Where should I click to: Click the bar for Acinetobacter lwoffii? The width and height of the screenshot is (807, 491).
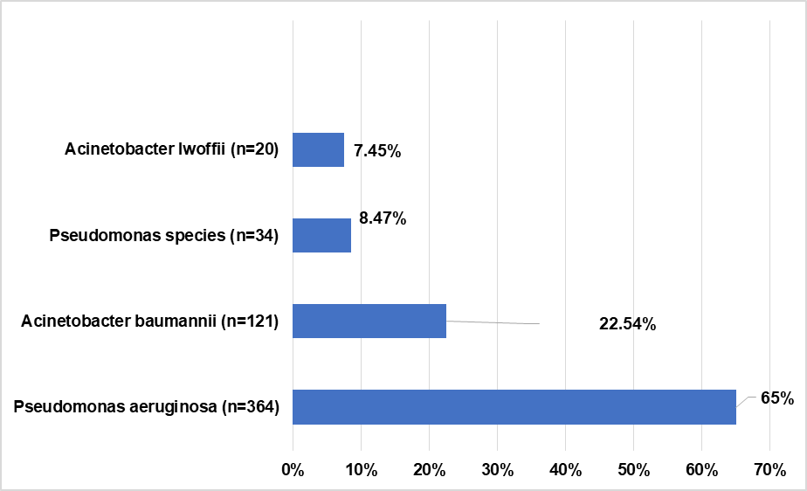click(x=318, y=149)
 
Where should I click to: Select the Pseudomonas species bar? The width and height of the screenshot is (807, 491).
click(x=321, y=235)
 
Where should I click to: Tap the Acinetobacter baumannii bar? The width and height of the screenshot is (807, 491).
click(x=369, y=321)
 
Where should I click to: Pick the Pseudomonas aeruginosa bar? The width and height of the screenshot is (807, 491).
click(x=514, y=407)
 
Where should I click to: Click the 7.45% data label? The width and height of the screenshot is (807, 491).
click(x=377, y=151)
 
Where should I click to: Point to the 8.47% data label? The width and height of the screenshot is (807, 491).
click(x=383, y=218)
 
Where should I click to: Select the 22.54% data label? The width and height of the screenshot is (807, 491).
click(x=627, y=325)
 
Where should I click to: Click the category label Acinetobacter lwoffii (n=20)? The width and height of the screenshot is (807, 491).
click(x=171, y=150)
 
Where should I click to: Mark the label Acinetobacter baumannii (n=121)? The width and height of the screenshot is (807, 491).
click(x=149, y=322)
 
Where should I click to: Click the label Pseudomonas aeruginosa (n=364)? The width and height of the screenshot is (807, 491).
click(x=147, y=407)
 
